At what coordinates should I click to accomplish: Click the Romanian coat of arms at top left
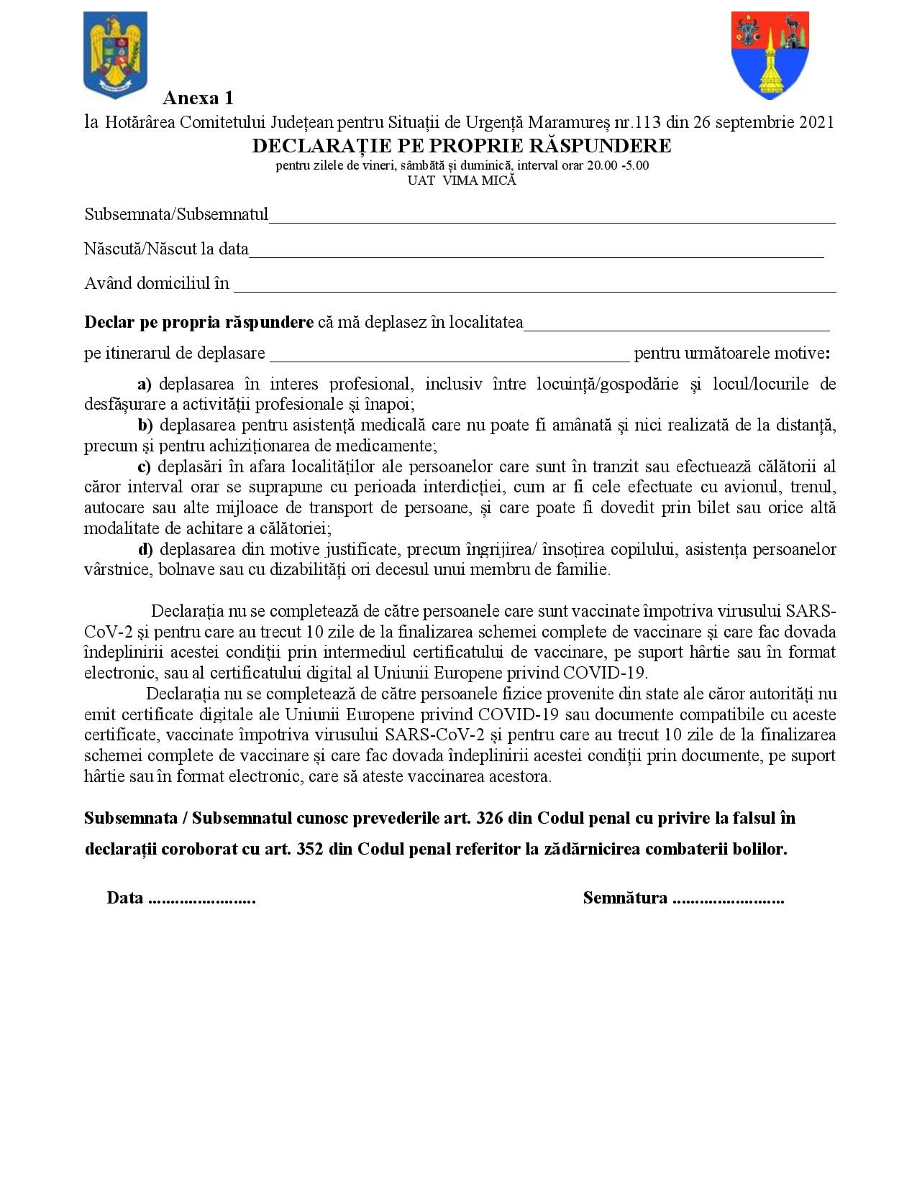click(x=115, y=55)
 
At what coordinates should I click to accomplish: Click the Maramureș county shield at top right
click(x=770, y=55)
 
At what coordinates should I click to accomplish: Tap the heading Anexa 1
click(x=198, y=98)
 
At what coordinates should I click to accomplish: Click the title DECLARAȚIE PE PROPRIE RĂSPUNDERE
click(x=462, y=146)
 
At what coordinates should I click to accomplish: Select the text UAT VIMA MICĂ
click(x=462, y=180)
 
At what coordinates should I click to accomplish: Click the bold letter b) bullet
click(x=145, y=425)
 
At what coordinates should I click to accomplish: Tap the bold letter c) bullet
click(x=144, y=466)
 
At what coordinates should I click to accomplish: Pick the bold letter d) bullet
click(x=145, y=549)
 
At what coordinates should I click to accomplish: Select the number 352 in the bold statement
click(x=309, y=849)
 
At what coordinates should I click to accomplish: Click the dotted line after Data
click(x=202, y=898)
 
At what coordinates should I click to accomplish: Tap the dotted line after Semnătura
click(x=728, y=898)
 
